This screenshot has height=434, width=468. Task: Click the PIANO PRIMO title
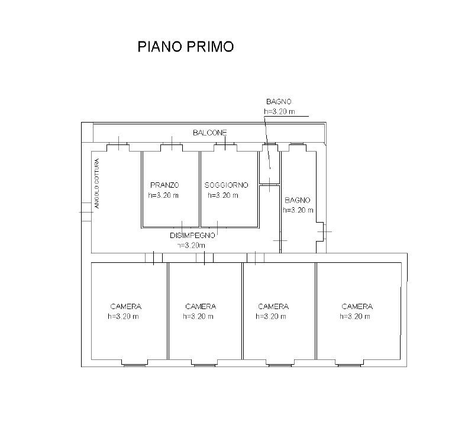pos(186,47)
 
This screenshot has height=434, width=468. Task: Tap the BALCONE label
pos(210,133)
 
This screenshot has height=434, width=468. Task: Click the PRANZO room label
pos(164,185)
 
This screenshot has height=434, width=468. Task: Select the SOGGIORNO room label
pos(226,185)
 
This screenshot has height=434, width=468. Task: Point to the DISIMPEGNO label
pos(192,236)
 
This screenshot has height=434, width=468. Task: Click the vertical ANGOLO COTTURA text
pos(96,184)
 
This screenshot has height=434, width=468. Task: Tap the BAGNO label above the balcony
pos(279,102)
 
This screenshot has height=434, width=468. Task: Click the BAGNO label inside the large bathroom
pos(298,200)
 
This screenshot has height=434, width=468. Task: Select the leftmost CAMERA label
pos(125,307)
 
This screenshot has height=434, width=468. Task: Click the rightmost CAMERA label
pos(357,307)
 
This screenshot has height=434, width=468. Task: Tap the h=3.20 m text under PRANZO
pos(163,195)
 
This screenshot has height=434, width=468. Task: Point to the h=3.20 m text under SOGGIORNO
pos(223,195)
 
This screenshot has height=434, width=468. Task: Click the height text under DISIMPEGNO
pos(191,246)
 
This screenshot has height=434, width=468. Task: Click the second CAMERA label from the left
pos(201,307)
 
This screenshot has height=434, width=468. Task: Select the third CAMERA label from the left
pos(273,307)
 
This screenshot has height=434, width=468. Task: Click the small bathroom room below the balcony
pos(269,168)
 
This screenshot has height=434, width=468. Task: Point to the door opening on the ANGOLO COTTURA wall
pos(86,212)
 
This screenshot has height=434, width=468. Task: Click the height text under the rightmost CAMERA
pos(355,317)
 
